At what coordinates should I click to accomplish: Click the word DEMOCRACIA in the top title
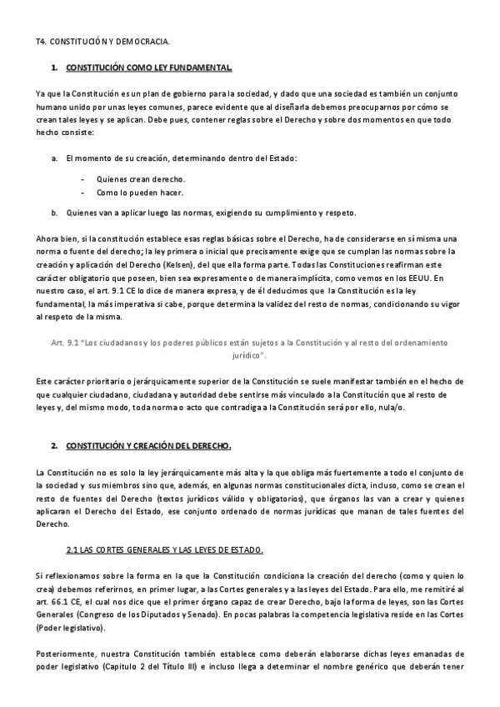click(142, 40)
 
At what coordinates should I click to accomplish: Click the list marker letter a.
click(54, 158)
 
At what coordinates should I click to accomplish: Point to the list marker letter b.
click(54, 212)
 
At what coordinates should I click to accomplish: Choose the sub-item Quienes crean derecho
click(141, 179)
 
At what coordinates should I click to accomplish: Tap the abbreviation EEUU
click(429, 277)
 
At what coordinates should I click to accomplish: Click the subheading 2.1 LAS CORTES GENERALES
click(165, 550)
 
